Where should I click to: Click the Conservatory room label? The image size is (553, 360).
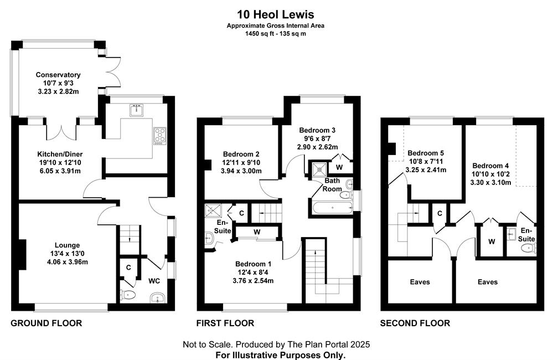point(58,75)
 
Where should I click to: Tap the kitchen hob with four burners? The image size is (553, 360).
point(160,136)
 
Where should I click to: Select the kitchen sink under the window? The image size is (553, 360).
point(136,110)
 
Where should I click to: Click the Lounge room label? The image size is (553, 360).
point(67,245)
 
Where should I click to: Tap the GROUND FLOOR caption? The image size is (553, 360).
point(46,323)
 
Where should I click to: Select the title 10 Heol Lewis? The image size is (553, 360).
point(276,14)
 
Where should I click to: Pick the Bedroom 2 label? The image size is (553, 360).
point(241,154)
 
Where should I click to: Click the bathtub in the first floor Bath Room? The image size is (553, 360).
point(332,208)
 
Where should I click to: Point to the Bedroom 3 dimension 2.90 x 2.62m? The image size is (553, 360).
point(317,147)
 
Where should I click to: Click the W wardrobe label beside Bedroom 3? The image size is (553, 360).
point(339,167)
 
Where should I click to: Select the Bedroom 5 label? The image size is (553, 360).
point(426,153)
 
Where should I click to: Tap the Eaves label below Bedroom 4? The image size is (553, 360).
point(488,282)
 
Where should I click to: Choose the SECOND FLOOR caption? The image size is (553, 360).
point(415,323)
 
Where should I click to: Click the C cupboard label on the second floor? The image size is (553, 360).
point(440,214)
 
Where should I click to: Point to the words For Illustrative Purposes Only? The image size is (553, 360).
point(281,354)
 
